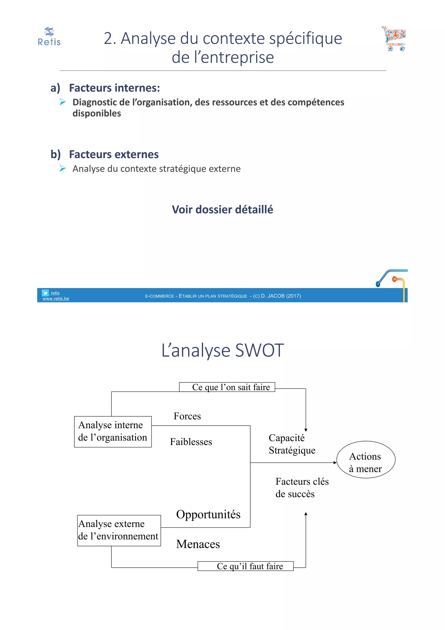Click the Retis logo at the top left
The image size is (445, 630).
[49, 36]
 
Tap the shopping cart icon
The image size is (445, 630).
[394, 39]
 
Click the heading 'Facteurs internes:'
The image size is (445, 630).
[114, 88]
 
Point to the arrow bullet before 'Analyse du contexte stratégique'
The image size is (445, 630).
[63, 168]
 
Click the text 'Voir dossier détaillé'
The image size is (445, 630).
[222, 210]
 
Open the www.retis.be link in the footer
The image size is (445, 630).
[56, 299]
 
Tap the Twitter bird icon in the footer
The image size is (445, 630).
[45, 293]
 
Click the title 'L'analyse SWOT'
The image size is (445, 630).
[222, 351]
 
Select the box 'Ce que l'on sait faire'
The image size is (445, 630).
[227, 387]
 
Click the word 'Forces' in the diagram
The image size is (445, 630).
[187, 416]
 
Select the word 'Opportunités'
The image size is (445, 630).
[208, 515]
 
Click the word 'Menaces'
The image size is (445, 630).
[198, 544]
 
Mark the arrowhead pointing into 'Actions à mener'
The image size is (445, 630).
[335, 463]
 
